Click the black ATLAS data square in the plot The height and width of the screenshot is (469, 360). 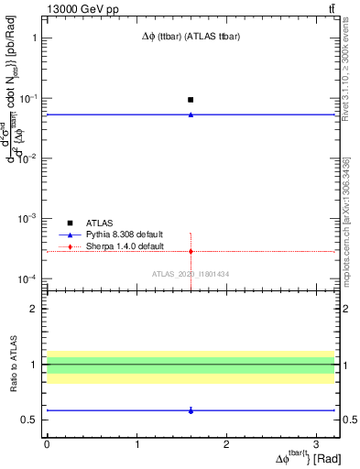click(x=191, y=99)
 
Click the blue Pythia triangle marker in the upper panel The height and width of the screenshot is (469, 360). click(x=191, y=115)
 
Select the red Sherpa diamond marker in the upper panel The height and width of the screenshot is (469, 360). click(x=191, y=251)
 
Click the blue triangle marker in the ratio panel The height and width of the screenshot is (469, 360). click(x=191, y=410)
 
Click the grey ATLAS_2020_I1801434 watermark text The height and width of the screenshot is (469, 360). click(x=191, y=275)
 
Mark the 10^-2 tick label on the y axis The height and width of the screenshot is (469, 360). click(x=25, y=158)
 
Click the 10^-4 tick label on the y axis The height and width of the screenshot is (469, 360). click(x=25, y=278)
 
